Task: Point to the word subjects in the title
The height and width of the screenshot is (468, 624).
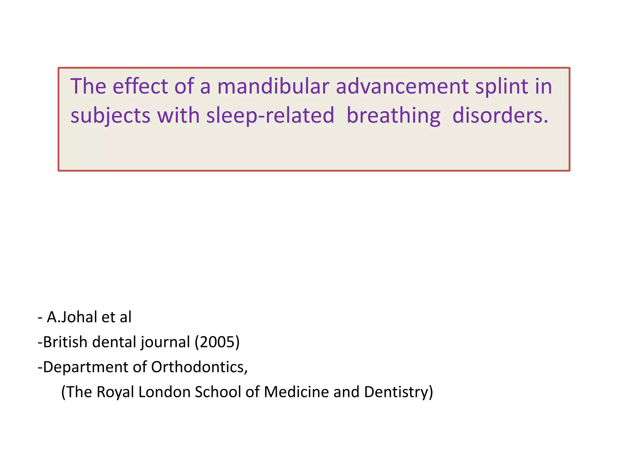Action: pos(110,116)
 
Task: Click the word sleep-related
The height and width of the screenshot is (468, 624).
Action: pos(270,116)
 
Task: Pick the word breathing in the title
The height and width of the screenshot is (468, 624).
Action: pos(393,116)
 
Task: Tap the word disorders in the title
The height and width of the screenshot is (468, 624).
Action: pos(500,116)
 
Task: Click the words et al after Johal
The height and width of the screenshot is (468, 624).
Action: pos(116,317)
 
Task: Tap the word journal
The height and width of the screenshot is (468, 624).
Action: pos(165,342)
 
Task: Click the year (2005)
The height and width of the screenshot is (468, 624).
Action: pos(217,342)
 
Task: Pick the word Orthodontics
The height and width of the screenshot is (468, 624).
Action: pos(199,367)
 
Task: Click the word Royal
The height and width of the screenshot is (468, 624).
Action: pos(115,392)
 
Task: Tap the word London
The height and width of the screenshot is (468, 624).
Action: pos(164,392)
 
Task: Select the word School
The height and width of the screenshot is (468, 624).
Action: pos(218,392)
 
